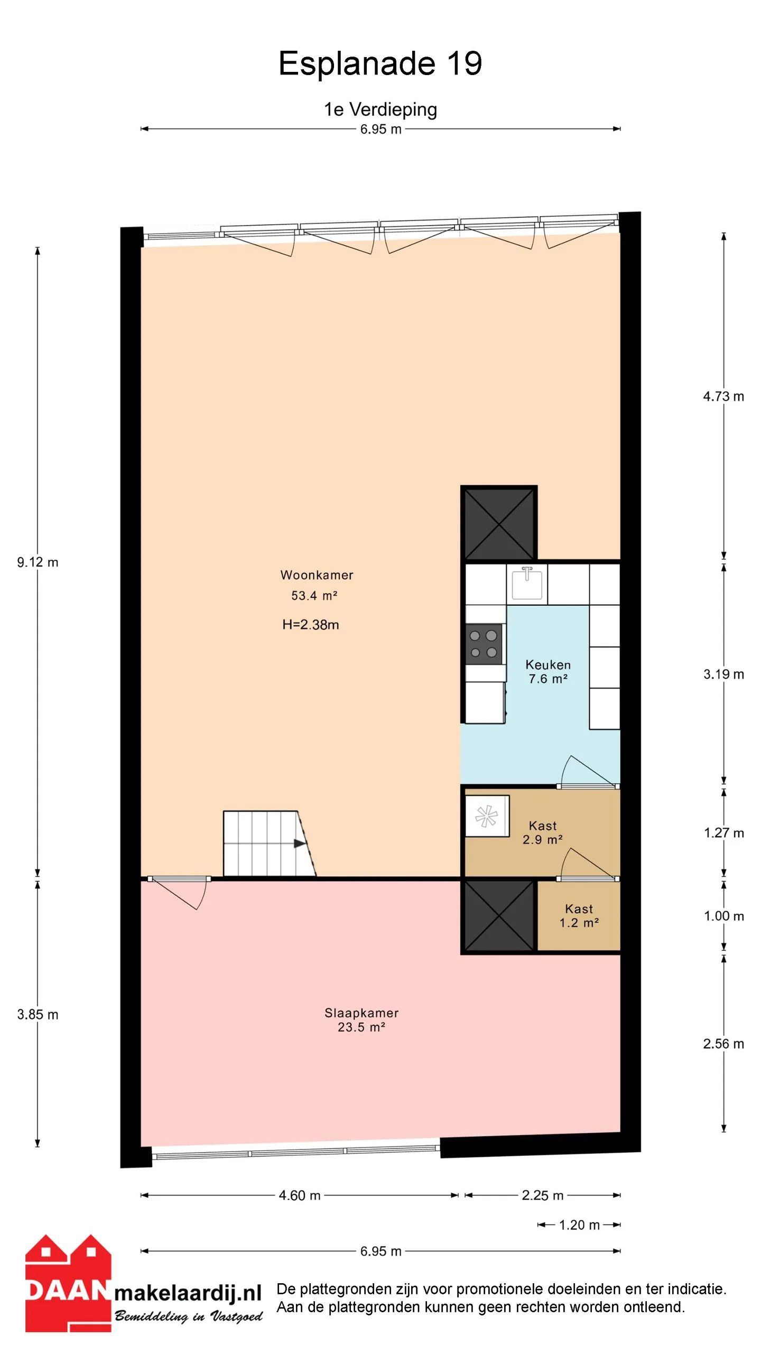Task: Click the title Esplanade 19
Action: pos(380,63)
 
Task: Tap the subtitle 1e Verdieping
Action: pos(380,109)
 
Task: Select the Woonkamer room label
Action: pos(317,575)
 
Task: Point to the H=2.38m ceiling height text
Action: pos(311,625)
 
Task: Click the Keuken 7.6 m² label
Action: pos(548,672)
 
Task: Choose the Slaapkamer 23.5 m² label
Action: pos(361,1020)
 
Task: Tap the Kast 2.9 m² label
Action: pos(543,832)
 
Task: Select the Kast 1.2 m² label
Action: pos(579,916)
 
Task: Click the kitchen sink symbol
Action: pos(527,583)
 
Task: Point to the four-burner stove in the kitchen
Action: pos(484,644)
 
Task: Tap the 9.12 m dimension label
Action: pos(38,562)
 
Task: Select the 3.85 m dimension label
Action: pos(38,1015)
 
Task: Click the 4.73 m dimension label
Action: pos(723,396)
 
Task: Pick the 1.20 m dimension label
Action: pos(579,1225)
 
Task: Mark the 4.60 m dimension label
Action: pos(300,1196)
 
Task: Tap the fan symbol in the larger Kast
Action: pos(487,816)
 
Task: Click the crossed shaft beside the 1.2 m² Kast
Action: pos(499,916)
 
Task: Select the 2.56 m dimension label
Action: pos(723,1044)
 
